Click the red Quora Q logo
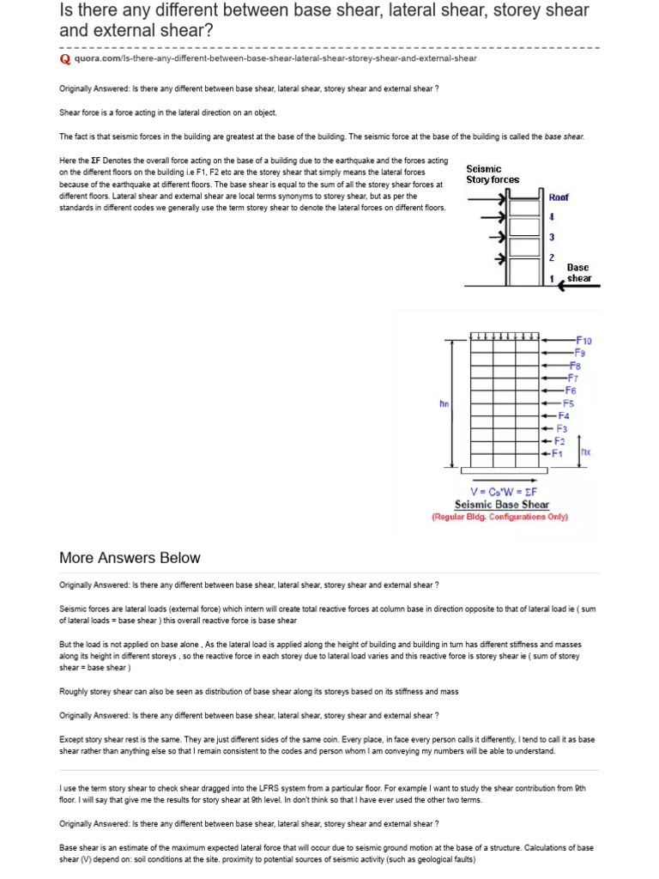point(64,58)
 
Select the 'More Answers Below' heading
point(130,558)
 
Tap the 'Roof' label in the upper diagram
point(559,197)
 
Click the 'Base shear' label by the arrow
point(577,273)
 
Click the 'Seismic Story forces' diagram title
point(493,174)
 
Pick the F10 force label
point(583,341)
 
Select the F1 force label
point(558,453)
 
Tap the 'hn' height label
point(444,402)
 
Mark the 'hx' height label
point(586,452)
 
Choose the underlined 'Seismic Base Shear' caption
point(502,505)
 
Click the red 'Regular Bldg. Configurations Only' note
point(499,518)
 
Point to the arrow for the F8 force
point(556,365)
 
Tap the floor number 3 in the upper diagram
point(552,237)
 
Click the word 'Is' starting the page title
point(67,11)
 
